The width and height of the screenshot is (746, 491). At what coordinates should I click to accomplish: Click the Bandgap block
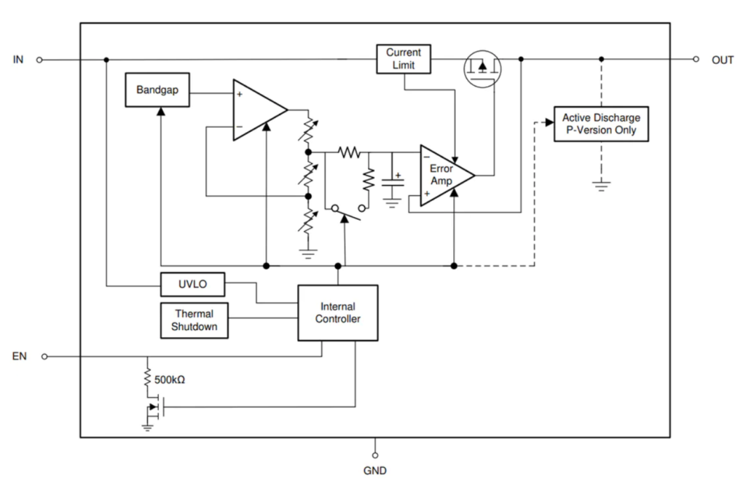(x=157, y=90)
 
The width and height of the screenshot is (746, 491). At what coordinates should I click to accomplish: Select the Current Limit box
(x=403, y=59)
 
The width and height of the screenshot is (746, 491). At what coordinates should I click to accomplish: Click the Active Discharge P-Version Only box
(x=600, y=124)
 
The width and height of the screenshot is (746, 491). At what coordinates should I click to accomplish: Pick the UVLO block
(x=192, y=283)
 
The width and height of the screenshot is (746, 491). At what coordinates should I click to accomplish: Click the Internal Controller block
(x=337, y=313)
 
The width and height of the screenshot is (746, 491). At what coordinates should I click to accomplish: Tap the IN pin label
(x=18, y=60)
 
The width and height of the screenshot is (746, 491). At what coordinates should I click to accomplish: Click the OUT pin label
(x=722, y=60)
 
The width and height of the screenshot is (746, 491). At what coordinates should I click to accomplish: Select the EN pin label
(x=20, y=356)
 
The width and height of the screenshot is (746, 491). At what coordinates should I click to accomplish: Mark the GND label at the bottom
(x=375, y=471)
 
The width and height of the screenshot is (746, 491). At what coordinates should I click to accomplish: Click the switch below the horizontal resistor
(x=348, y=211)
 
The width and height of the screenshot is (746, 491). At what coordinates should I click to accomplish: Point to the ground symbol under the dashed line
(x=601, y=186)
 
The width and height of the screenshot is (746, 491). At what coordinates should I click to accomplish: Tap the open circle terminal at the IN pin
(x=40, y=60)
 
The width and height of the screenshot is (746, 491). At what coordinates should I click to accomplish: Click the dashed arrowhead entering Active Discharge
(x=548, y=122)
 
